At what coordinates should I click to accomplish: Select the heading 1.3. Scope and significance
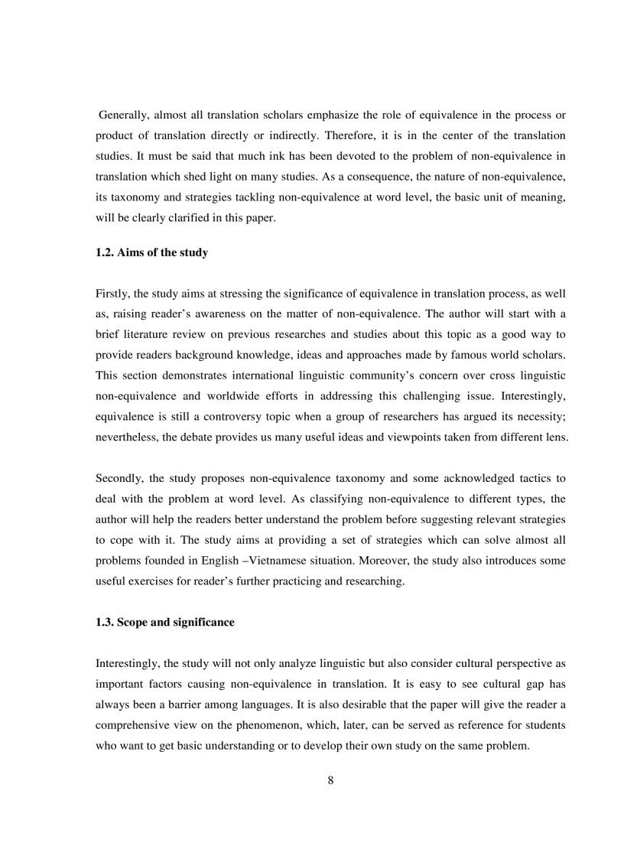click(x=164, y=622)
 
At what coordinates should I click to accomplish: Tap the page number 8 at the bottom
click(x=330, y=780)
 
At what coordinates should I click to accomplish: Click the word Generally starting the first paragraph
click(x=124, y=116)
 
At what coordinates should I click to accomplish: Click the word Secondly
click(x=119, y=478)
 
